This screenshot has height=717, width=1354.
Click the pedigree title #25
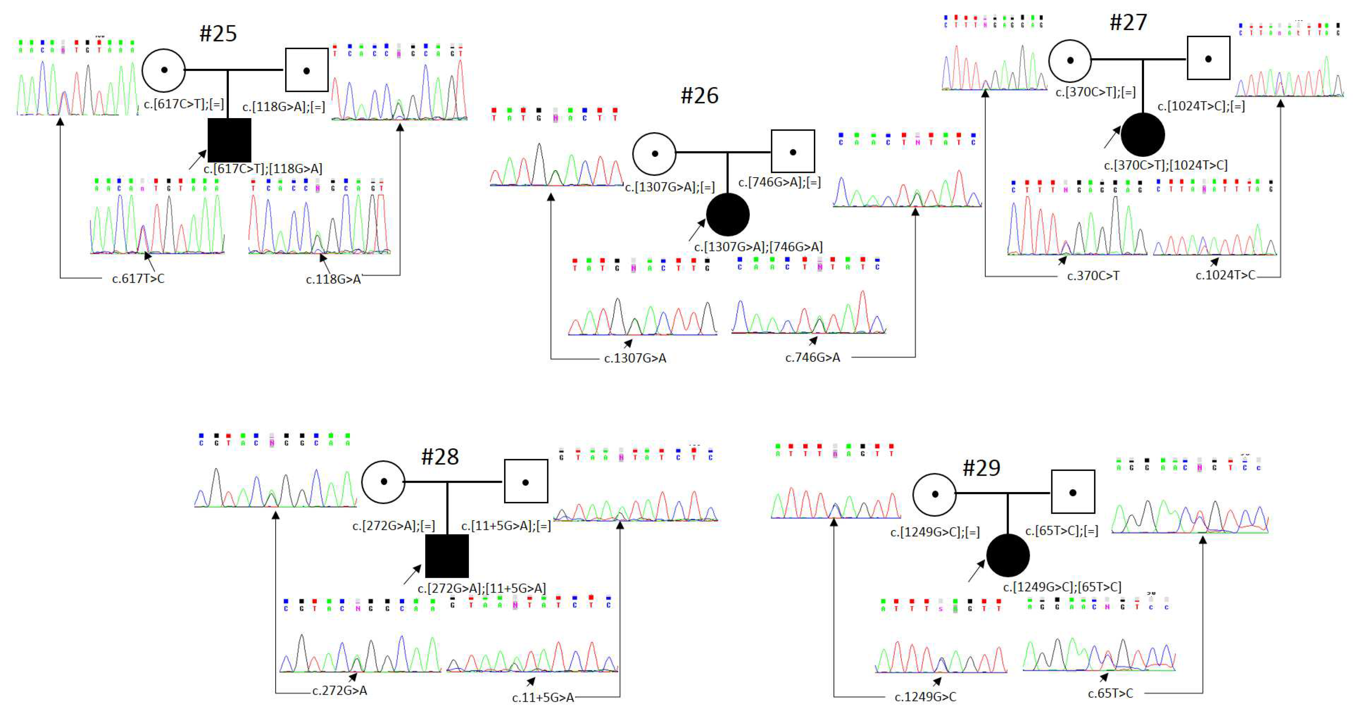click(x=218, y=34)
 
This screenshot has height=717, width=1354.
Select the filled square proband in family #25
click(x=229, y=140)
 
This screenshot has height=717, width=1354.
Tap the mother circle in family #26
click(x=654, y=153)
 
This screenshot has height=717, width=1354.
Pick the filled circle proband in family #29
click(x=1007, y=555)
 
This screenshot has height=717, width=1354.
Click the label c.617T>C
click(x=138, y=279)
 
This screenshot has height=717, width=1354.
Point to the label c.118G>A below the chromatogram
click(x=333, y=280)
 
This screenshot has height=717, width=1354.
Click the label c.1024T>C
click(x=1225, y=275)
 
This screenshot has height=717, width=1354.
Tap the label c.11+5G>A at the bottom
click(x=542, y=697)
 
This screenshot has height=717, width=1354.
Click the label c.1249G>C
click(x=925, y=697)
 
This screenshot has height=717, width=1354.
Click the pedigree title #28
click(x=440, y=457)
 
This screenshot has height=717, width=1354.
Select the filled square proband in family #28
click(x=446, y=556)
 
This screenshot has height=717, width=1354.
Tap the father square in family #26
click(x=793, y=151)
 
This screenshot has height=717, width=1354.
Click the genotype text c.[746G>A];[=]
click(x=779, y=182)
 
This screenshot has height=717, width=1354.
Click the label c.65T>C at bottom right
click(x=1110, y=694)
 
